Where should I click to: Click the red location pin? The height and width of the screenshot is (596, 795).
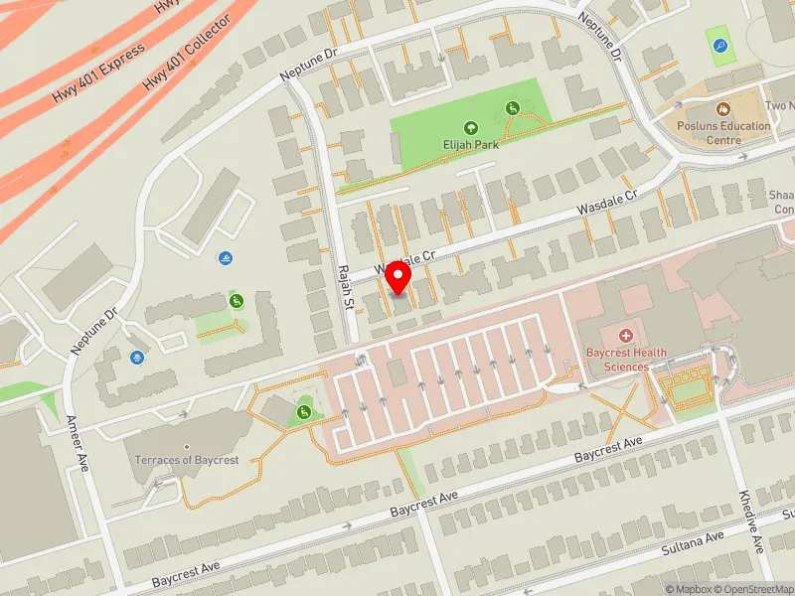click(398, 277)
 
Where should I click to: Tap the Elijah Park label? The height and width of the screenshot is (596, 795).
click(471, 144)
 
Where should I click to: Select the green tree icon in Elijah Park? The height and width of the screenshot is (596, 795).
click(470, 127)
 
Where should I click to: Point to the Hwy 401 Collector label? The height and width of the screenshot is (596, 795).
click(188, 52)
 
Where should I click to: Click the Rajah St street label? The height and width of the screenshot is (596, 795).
click(346, 286)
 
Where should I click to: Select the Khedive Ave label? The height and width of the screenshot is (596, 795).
click(751, 521)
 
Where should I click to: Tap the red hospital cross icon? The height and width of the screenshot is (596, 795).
click(626, 337)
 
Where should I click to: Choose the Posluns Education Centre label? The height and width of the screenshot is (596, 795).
click(723, 132)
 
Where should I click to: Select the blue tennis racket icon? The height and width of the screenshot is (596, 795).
click(719, 45)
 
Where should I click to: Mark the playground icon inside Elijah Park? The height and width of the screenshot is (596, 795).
click(513, 107)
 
